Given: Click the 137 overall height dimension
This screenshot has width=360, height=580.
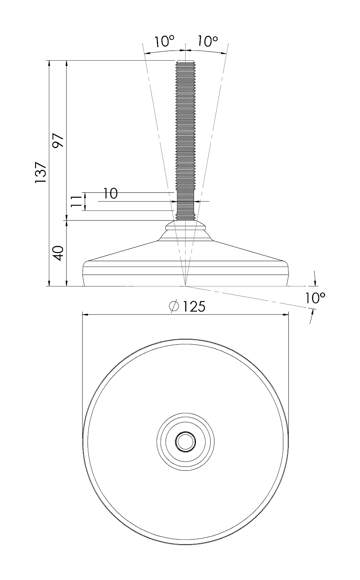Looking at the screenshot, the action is pyautogui.click(x=40, y=173).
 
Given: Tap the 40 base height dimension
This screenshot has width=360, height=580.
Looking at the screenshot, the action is pyautogui.click(x=58, y=253).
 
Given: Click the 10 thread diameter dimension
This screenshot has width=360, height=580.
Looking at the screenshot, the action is pyautogui.click(x=110, y=194).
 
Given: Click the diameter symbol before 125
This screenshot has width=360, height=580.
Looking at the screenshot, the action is pyautogui.click(x=174, y=306).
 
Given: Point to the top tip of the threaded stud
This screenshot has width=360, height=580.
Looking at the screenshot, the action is pyautogui.click(x=186, y=61).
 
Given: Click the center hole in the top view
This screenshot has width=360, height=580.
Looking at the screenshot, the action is pyautogui.click(x=186, y=441).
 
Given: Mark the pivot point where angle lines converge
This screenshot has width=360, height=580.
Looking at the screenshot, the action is pyautogui.click(x=186, y=286).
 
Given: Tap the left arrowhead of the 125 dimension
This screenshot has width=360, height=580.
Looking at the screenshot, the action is pyautogui.click(x=85, y=315).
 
